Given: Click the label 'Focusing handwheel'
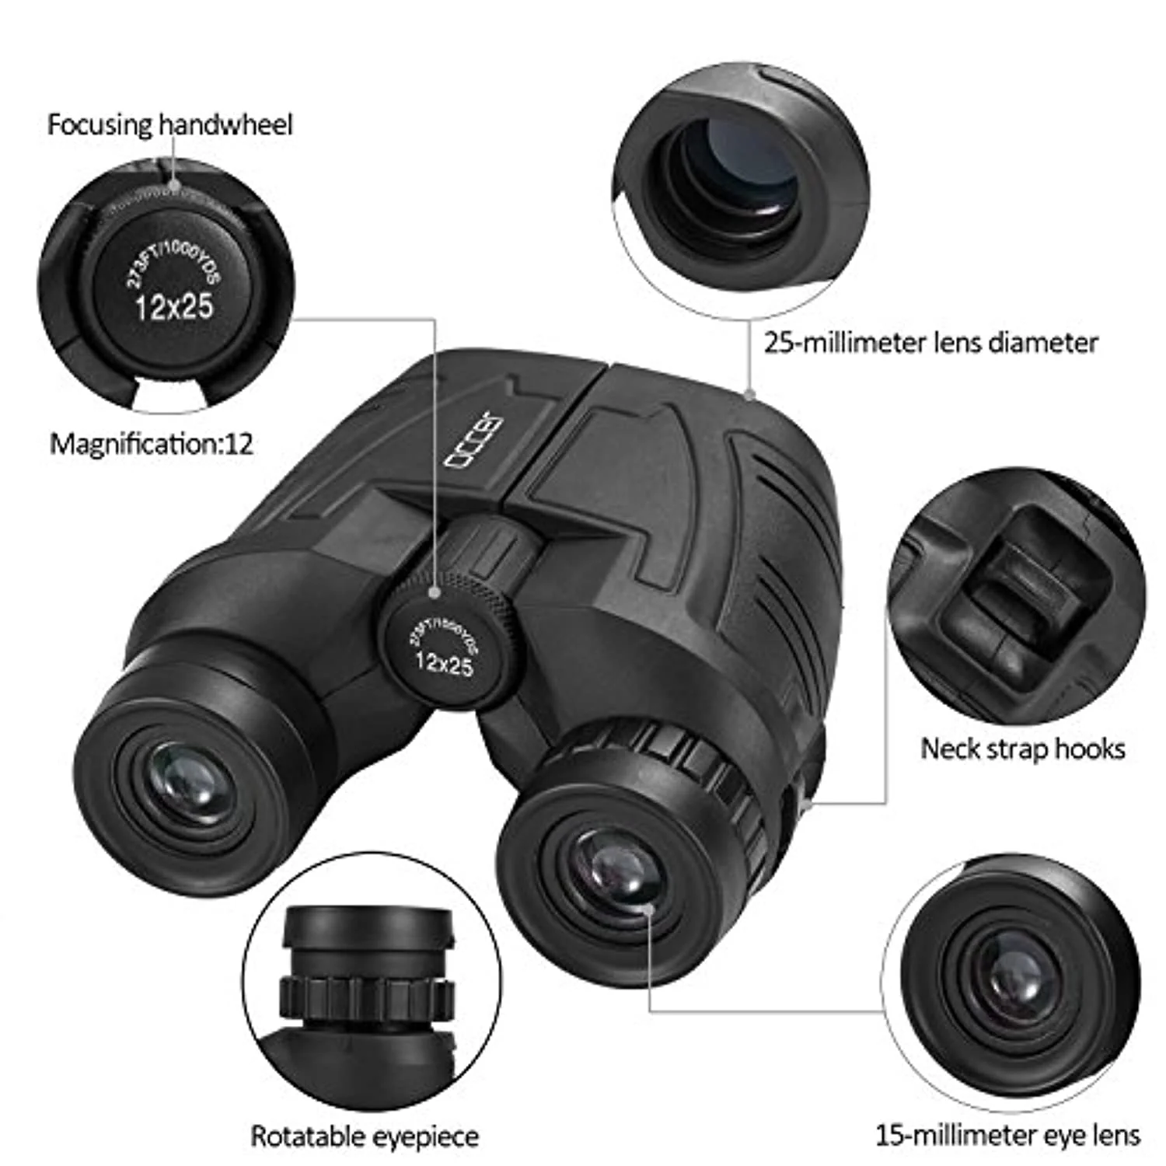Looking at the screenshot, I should pyautogui.click(x=169, y=124).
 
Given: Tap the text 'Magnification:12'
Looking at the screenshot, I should pyautogui.click(x=152, y=444).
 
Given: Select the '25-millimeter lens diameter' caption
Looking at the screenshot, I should pyautogui.click(x=930, y=343).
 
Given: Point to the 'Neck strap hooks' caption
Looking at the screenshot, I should pyautogui.click(x=1023, y=749).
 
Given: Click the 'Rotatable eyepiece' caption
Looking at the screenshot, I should pyautogui.click(x=365, y=1136).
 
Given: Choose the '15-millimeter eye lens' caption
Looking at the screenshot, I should pyautogui.click(x=1008, y=1135).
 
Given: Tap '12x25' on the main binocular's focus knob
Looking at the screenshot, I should pyautogui.click(x=444, y=663).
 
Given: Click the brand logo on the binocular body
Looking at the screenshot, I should pyautogui.click(x=473, y=441).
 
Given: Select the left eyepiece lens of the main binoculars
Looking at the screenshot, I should pyautogui.click(x=187, y=786).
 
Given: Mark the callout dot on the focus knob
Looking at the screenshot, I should pyautogui.click(x=435, y=592).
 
